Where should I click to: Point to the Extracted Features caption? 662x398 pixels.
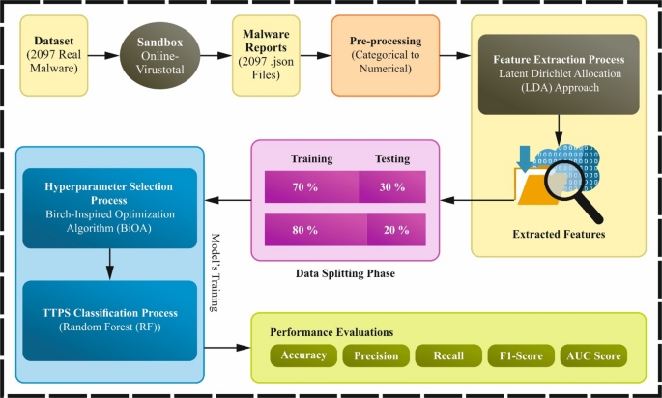[558, 235]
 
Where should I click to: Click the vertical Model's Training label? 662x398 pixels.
[216, 270]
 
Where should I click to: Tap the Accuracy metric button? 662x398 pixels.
[302, 355]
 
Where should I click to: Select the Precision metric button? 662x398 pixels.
[376, 355]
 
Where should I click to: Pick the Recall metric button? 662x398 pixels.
[447, 355]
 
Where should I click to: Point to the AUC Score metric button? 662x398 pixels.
[594, 355]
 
